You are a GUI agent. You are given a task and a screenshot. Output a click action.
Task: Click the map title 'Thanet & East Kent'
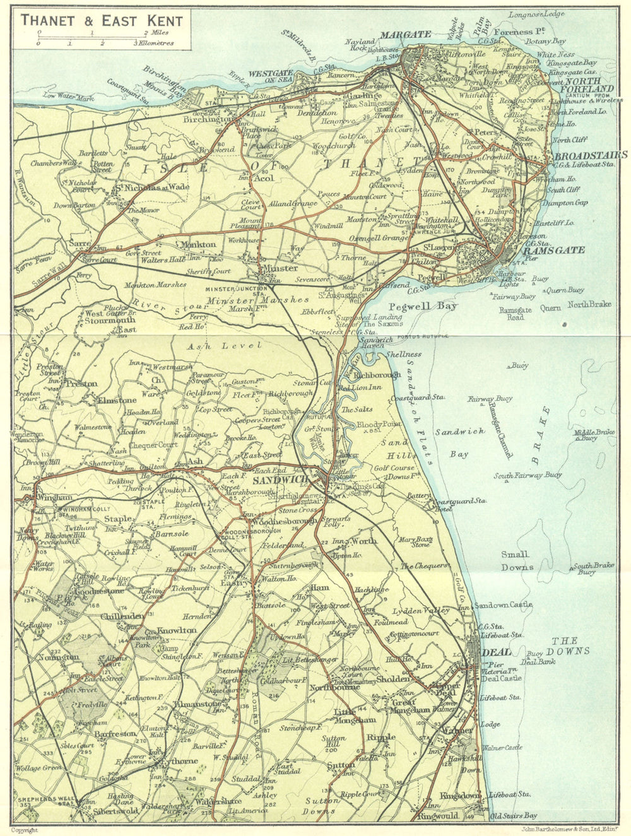point(102,20)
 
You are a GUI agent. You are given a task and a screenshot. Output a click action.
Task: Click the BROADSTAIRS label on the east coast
point(590,155)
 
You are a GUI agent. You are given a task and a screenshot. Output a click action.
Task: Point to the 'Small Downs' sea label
point(516,560)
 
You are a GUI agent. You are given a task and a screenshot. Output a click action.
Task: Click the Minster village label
point(280,268)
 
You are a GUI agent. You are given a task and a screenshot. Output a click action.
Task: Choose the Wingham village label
point(55,497)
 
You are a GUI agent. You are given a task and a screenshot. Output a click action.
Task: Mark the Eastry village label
point(232,583)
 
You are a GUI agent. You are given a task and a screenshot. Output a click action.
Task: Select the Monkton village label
point(198,244)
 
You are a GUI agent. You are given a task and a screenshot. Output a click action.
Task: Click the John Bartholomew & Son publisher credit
point(562,829)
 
